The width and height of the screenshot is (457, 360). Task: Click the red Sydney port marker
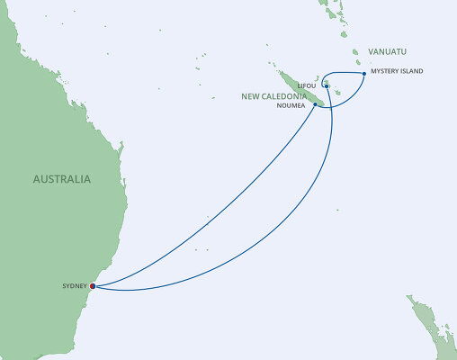93,287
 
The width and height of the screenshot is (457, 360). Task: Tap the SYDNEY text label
75,286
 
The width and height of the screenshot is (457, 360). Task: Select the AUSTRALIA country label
61,179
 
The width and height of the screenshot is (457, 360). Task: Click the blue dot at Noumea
315,104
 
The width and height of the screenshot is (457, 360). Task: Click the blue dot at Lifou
327,86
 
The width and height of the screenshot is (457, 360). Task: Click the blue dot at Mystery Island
363,73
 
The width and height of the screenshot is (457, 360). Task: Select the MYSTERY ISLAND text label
396,71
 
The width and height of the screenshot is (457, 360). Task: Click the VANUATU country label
389,51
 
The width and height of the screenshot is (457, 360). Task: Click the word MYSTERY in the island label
384,71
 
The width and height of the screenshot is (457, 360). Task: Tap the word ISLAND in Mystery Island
411,71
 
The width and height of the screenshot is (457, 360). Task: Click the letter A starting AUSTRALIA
36,179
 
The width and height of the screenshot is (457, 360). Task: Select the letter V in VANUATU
371,51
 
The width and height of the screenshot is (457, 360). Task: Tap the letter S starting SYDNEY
64,286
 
